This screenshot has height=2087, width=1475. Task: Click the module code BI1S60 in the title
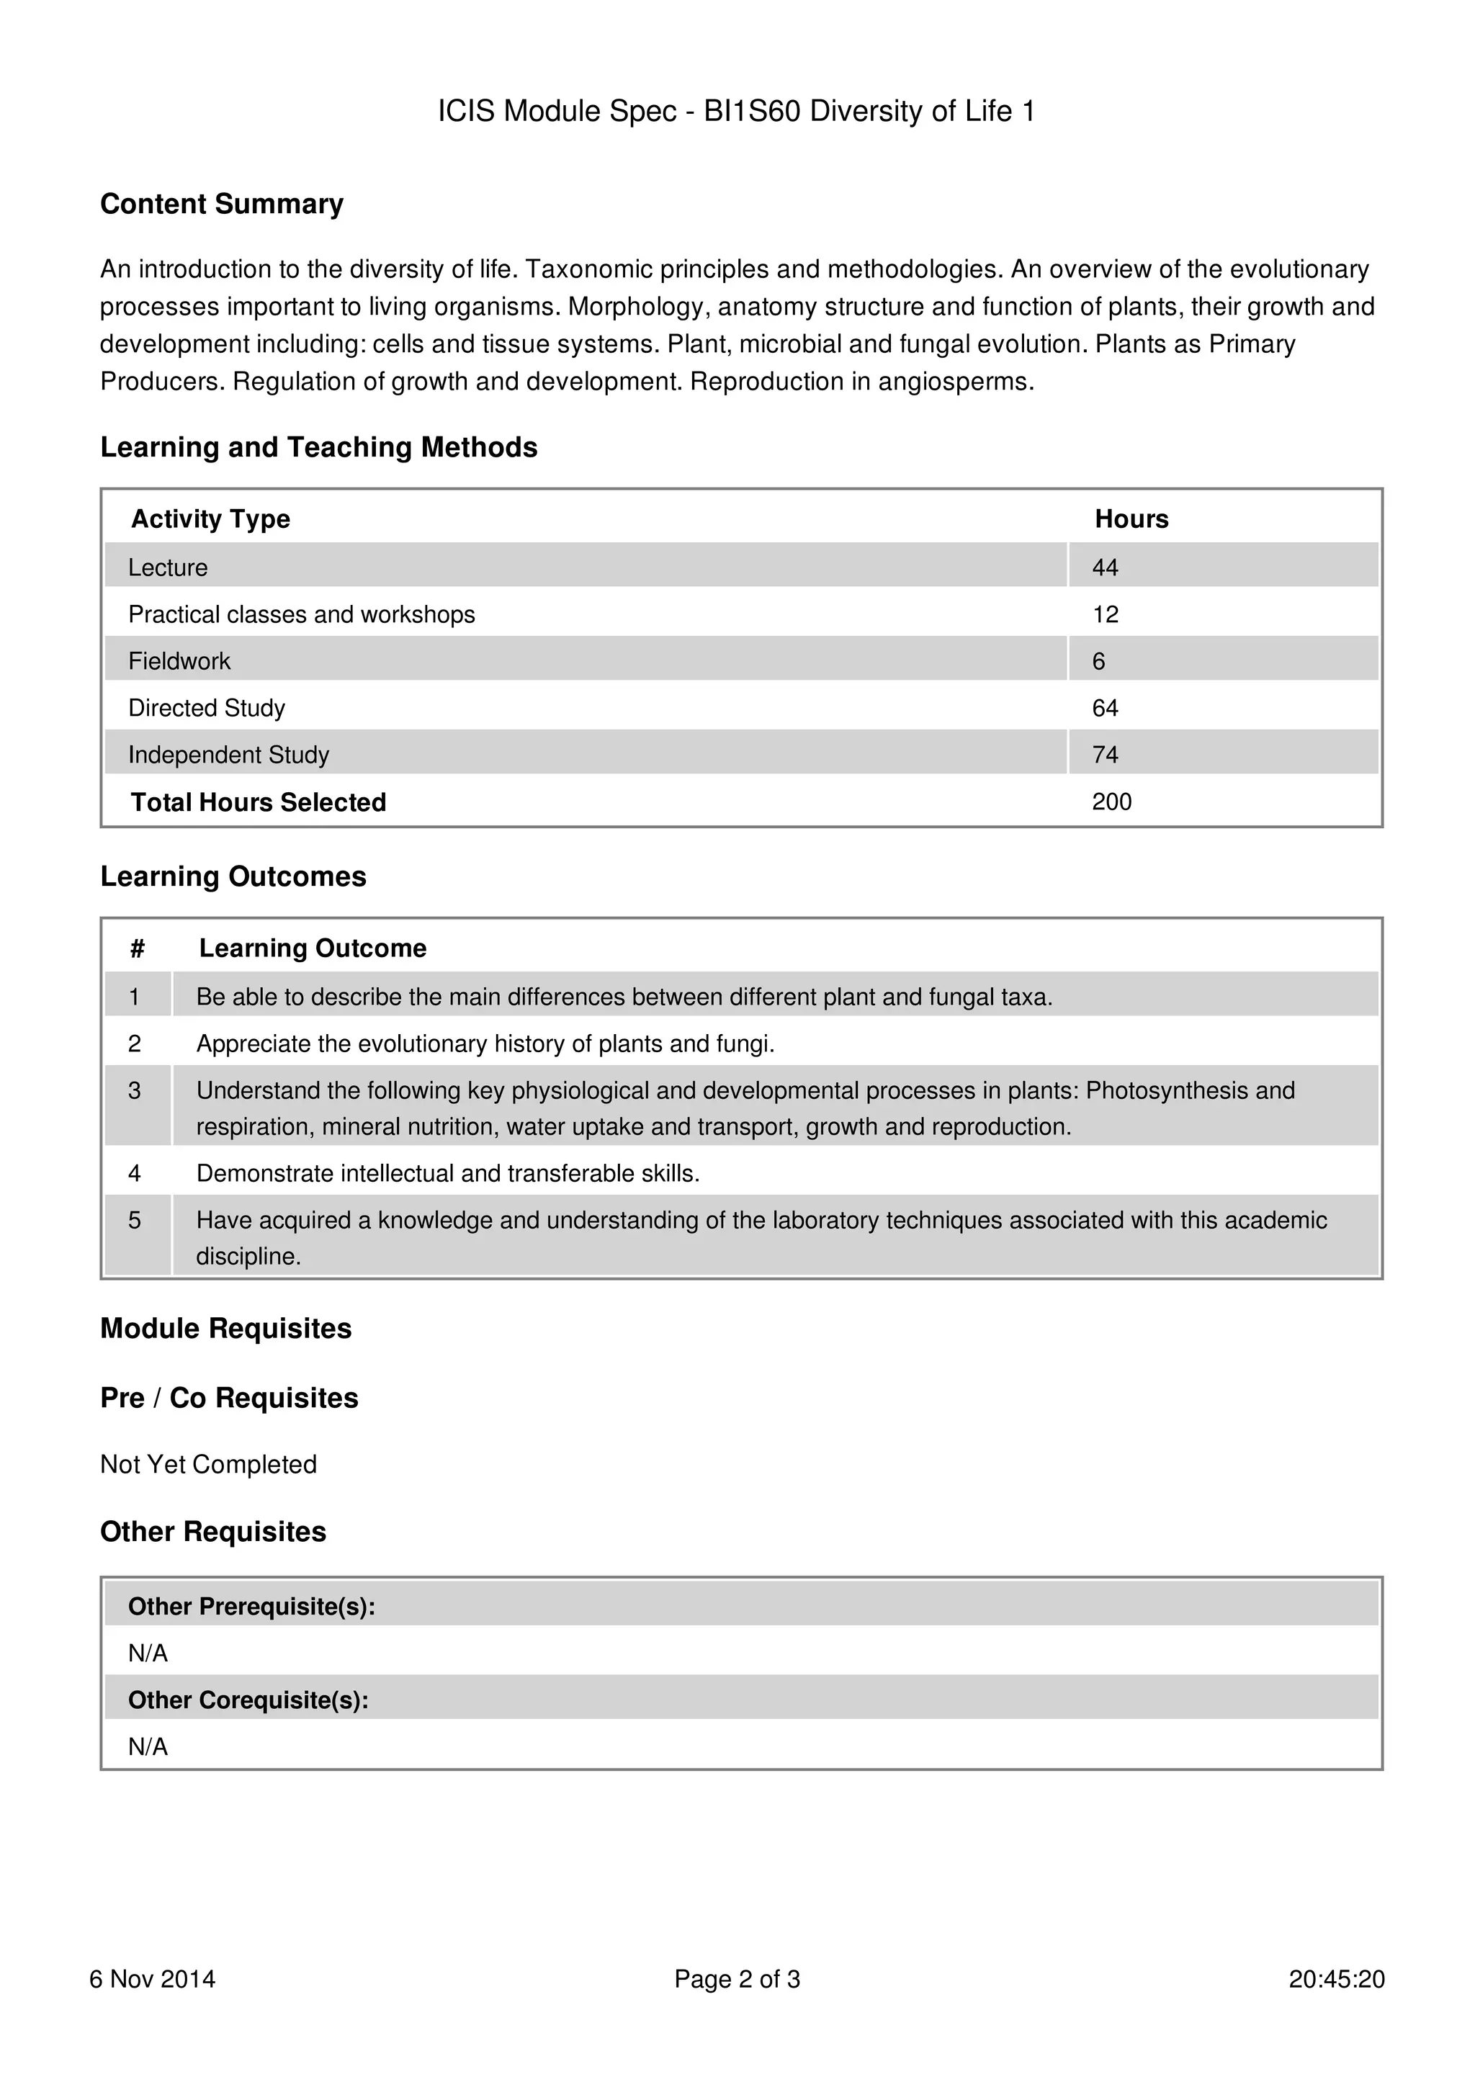tap(752, 111)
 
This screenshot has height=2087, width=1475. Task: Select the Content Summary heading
tap(222, 204)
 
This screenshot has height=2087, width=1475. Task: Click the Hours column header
tap(1131, 519)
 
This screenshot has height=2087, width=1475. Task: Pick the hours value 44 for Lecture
tap(1104, 568)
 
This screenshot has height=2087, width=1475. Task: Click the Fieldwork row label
tap(179, 662)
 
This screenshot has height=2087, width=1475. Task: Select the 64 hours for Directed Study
tap(1104, 708)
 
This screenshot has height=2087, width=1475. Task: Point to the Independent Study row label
tap(228, 755)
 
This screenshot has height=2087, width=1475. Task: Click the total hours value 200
tap(1111, 802)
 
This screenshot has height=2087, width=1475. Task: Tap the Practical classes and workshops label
tap(301, 614)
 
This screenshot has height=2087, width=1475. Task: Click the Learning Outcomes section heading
tap(233, 876)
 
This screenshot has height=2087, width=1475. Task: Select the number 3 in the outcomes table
tap(135, 1091)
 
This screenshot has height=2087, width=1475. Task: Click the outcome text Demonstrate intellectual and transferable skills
tap(447, 1173)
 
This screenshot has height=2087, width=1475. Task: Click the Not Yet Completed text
tap(208, 1464)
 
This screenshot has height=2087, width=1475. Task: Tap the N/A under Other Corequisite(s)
tap(147, 1746)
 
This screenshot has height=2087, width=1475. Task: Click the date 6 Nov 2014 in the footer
tap(152, 1979)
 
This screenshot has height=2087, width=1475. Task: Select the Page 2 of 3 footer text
tap(736, 1979)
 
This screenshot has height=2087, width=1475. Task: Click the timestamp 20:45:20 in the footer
tap(1335, 1979)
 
